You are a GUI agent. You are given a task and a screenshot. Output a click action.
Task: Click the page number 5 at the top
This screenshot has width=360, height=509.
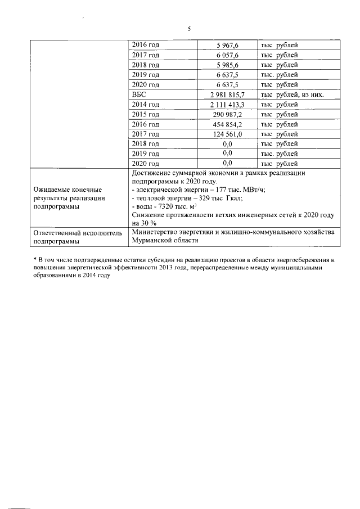click(x=190, y=29)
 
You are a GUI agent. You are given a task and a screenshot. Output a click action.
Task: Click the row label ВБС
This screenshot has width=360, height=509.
click(x=138, y=94)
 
